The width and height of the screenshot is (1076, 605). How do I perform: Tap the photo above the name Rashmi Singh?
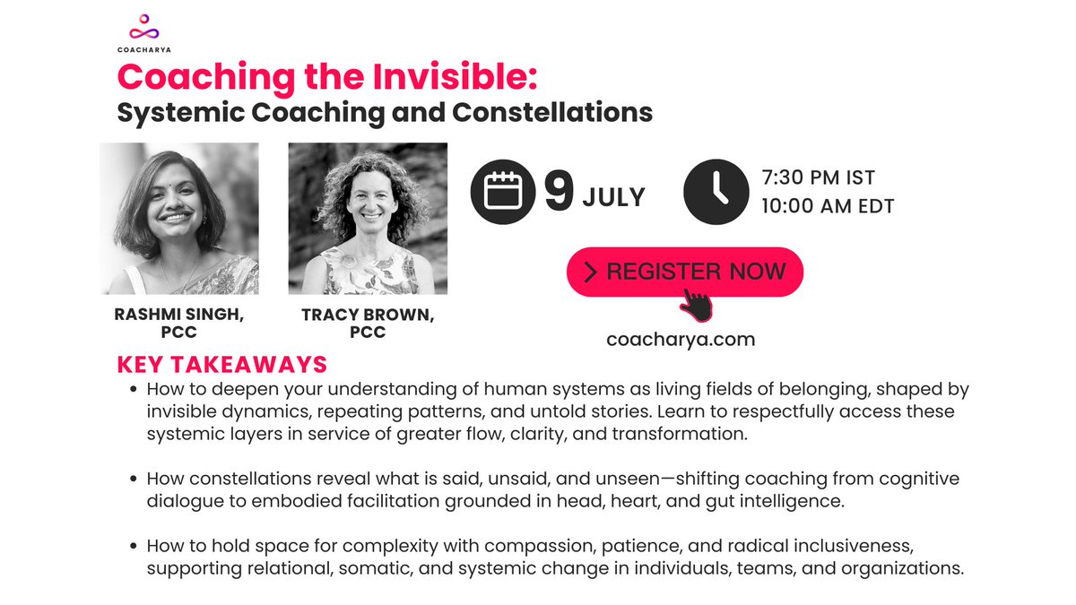pyautogui.click(x=179, y=219)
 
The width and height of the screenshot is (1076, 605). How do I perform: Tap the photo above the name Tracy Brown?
pyautogui.click(x=368, y=219)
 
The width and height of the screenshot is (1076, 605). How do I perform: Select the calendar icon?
pyautogui.click(x=503, y=192)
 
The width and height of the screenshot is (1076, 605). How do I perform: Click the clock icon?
pyautogui.click(x=716, y=192)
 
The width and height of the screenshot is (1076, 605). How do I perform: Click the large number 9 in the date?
pyautogui.click(x=558, y=193)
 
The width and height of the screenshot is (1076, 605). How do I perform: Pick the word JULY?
pyautogui.click(x=613, y=196)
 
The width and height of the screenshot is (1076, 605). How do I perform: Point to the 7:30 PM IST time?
pyautogui.click(x=818, y=177)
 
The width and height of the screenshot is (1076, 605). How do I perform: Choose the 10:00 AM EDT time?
pyautogui.click(x=828, y=206)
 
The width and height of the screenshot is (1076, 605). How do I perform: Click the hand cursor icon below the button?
pyautogui.click(x=696, y=304)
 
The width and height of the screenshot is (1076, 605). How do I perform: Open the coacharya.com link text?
pyautogui.click(x=681, y=340)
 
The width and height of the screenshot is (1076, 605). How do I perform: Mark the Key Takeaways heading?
pyautogui.click(x=221, y=366)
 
